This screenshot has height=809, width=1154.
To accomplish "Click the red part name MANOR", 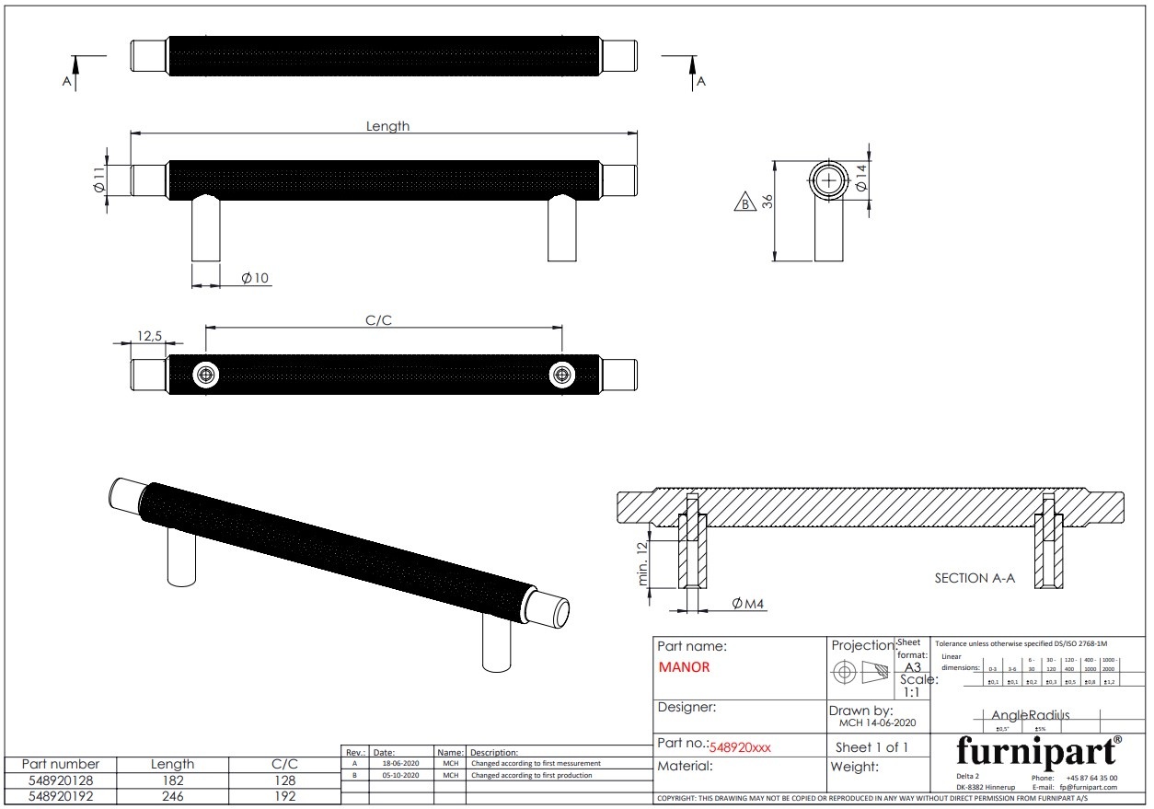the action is pyautogui.click(x=684, y=667).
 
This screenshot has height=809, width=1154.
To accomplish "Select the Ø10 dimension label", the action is pyautogui.click(x=256, y=278).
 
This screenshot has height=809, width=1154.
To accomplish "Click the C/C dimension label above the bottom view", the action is pyautogui.click(x=379, y=320).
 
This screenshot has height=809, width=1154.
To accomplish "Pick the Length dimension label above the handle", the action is pyautogui.click(x=387, y=126).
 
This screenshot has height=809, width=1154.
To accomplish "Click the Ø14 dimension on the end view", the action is pyautogui.click(x=861, y=178).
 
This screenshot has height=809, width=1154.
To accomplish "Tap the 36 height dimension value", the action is pyautogui.click(x=767, y=202).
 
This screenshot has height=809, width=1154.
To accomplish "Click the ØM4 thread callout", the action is pyautogui.click(x=748, y=604).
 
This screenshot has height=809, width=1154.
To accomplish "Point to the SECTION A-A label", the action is pyautogui.click(x=975, y=578).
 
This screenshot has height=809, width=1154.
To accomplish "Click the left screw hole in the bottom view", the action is pyautogui.click(x=206, y=375).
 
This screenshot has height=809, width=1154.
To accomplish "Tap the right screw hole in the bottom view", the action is pyautogui.click(x=561, y=375).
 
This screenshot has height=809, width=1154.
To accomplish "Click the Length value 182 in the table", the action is pyautogui.click(x=172, y=780).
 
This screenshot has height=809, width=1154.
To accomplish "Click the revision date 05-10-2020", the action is pyautogui.click(x=400, y=776).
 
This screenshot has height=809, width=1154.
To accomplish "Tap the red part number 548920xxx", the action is pyautogui.click(x=740, y=747).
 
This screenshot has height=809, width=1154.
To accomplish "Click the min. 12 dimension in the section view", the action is pyautogui.click(x=643, y=563).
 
